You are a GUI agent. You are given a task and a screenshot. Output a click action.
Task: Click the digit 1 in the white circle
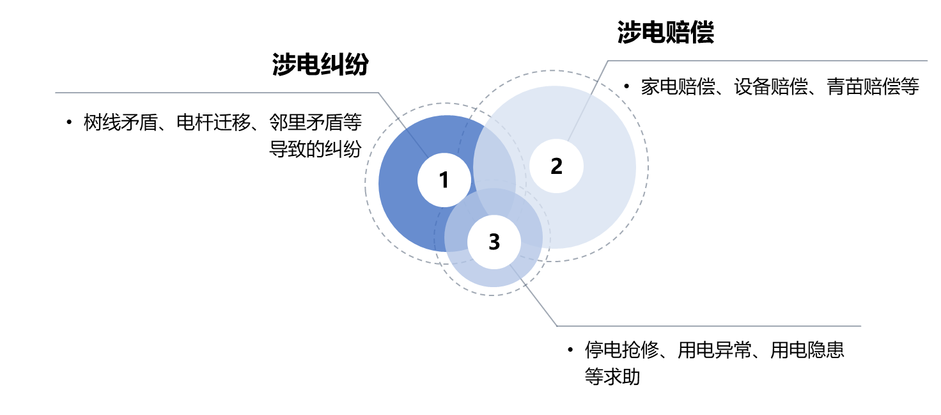(444, 180)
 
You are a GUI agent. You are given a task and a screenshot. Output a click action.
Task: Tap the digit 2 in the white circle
(556, 166)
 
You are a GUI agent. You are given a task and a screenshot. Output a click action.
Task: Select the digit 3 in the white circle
(494, 242)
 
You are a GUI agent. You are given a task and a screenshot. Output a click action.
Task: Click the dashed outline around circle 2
(648, 166)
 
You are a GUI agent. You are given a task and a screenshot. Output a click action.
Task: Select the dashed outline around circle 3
(492, 295)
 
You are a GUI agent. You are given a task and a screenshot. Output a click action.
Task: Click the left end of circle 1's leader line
(56, 93)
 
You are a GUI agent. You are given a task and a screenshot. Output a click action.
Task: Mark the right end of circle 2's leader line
(927, 61)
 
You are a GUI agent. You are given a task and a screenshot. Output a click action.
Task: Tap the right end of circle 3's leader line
(861, 326)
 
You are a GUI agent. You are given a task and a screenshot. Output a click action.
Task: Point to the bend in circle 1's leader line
(378, 93)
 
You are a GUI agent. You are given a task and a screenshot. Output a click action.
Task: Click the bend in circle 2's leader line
(608, 61)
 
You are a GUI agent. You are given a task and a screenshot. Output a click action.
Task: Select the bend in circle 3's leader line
(557, 326)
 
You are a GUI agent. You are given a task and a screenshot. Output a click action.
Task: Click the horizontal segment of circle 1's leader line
(217, 93)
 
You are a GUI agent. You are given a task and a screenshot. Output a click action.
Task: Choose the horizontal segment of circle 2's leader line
(767, 61)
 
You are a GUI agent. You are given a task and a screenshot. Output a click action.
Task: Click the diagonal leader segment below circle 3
(537, 301)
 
